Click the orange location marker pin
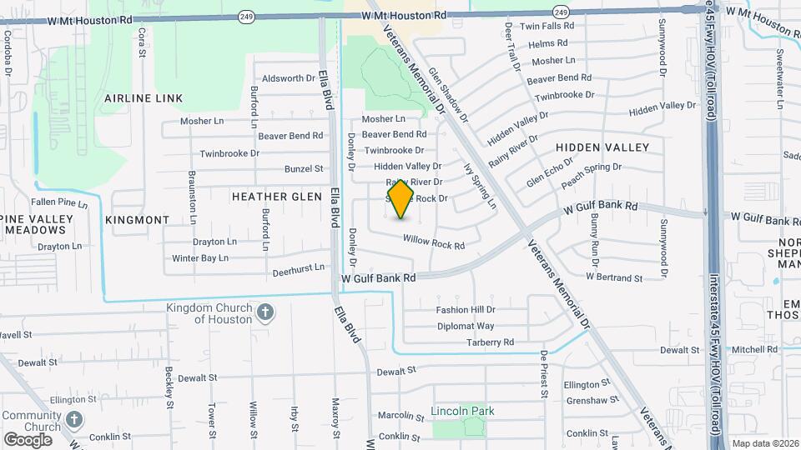[x=401, y=199]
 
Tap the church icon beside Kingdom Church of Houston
[x=265, y=313]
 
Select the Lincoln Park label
[x=462, y=411]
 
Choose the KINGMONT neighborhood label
[x=138, y=220]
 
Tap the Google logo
[x=28, y=439]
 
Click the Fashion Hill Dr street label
[x=466, y=310]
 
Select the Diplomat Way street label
[x=465, y=326]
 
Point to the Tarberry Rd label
[x=490, y=342]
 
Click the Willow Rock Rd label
[x=433, y=242]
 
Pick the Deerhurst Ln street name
[x=298, y=270]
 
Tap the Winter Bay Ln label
[x=200, y=258]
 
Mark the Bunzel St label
[x=304, y=168]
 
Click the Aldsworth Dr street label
[x=288, y=78]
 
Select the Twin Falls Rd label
[x=547, y=26]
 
